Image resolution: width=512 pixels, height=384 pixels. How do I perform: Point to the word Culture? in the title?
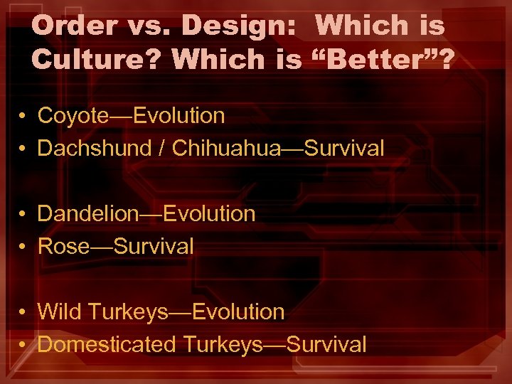[97, 60]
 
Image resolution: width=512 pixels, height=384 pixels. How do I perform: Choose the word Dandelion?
[85, 213]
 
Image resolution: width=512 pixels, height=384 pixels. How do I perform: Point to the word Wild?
[57, 311]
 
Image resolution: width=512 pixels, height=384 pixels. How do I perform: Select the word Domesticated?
[106, 344]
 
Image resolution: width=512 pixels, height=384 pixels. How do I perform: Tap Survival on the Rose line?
[153, 246]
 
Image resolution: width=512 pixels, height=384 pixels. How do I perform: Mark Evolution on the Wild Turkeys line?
[238, 311]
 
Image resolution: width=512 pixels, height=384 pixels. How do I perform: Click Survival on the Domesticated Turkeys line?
[326, 344]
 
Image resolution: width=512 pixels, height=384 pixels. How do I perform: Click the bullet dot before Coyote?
[23, 116]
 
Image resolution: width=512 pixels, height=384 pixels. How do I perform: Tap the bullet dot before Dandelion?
[23, 214]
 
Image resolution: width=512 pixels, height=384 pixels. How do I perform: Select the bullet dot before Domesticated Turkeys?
[23, 345]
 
